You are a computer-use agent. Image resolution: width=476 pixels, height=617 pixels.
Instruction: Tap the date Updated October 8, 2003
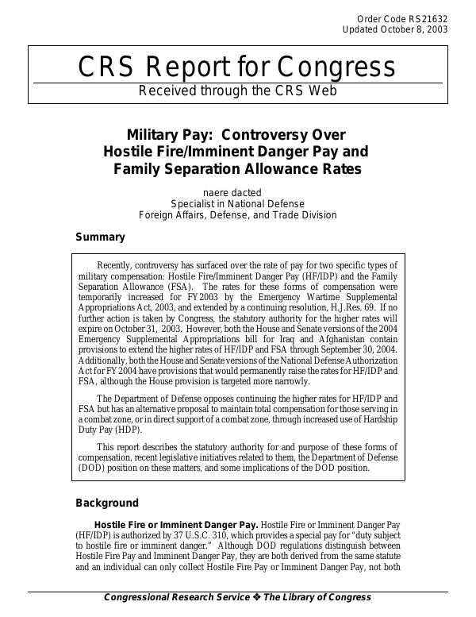point(394,29)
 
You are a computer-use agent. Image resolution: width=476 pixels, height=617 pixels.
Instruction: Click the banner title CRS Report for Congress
point(237,68)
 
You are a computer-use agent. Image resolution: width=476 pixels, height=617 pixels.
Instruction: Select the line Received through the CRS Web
point(237,91)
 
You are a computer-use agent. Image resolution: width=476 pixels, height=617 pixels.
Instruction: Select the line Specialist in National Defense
point(237,203)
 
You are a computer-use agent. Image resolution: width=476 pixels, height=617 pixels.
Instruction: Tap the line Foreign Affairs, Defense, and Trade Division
point(237,215)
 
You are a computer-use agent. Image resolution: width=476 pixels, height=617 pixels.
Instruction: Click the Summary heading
point(100,237)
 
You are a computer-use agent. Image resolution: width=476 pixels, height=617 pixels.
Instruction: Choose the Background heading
point(107,503)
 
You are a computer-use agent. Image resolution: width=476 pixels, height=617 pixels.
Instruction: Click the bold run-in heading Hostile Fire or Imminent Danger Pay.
point(176,525)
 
